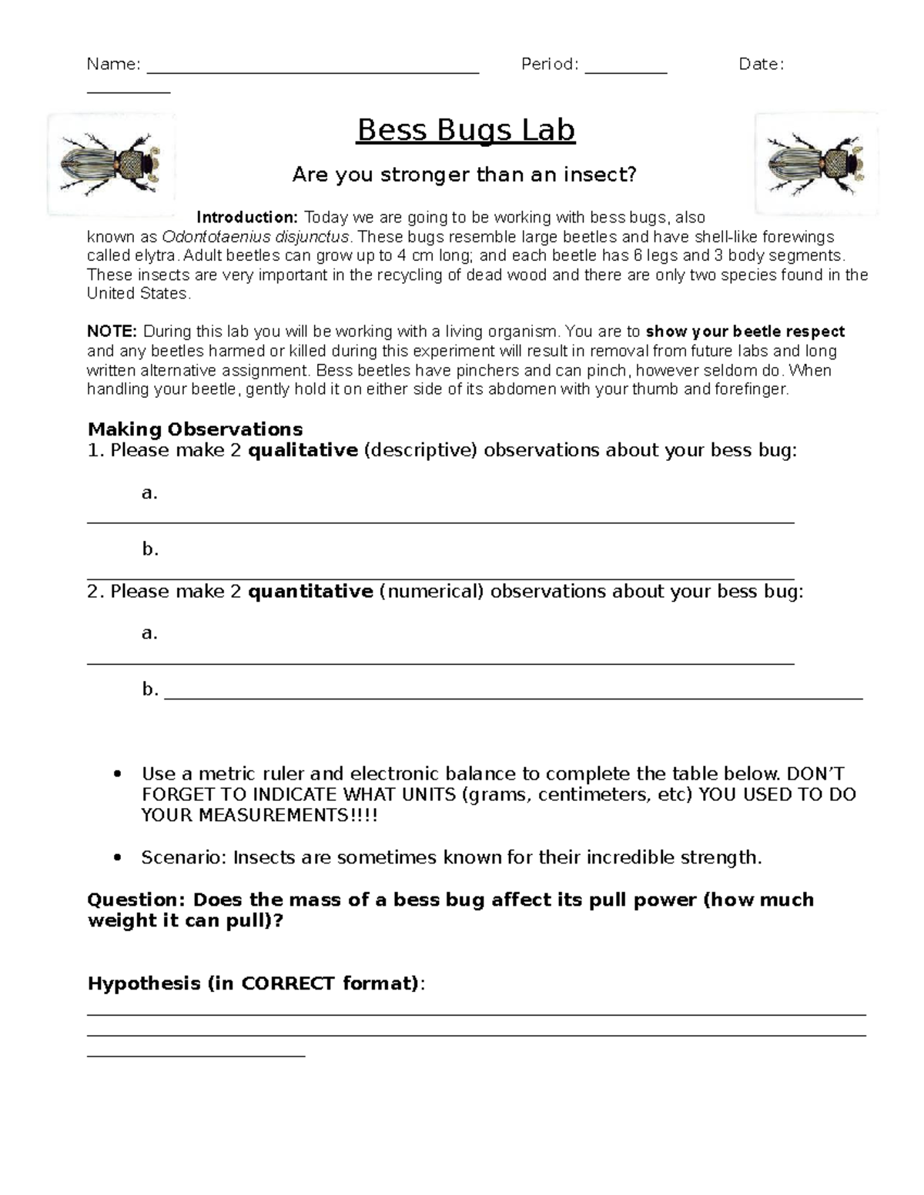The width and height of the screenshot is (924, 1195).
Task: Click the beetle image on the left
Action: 112,164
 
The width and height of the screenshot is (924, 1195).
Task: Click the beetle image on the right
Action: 817,164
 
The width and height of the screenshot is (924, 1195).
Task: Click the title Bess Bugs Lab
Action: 466,131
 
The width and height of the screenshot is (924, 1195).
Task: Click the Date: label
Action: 761,65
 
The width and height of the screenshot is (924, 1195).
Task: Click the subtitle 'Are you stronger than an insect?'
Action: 464,175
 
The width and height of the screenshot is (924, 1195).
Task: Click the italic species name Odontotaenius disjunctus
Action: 255,237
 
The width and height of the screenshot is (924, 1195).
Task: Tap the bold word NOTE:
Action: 112,332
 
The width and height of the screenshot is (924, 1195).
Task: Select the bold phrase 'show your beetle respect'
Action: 745,332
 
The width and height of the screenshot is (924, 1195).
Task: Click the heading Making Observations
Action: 195,429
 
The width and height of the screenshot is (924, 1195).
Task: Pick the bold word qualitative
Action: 303,450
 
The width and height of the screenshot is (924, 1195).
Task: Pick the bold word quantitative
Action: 310,591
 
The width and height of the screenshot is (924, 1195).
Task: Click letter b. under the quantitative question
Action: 149,689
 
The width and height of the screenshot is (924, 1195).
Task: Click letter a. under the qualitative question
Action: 149,492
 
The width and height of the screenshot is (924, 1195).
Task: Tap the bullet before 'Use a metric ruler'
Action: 117,774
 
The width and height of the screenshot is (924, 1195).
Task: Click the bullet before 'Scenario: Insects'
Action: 117,858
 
